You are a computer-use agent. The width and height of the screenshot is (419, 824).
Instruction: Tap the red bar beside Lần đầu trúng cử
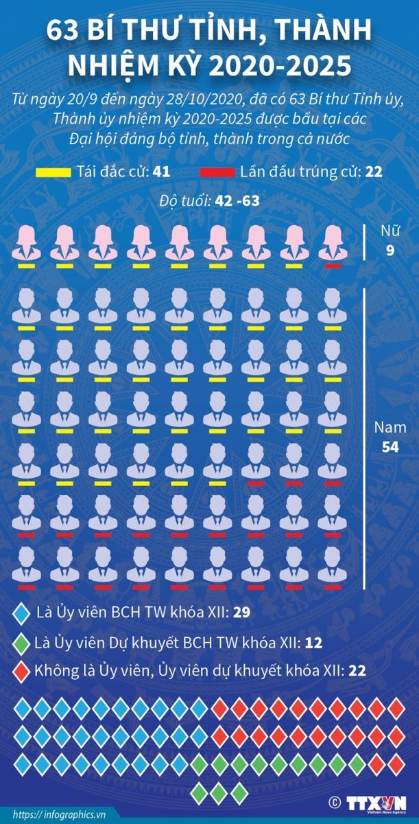coord(217,172)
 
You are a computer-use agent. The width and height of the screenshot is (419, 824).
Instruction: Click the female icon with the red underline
coord(333,243)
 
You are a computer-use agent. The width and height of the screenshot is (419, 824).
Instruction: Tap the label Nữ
coord(390,231)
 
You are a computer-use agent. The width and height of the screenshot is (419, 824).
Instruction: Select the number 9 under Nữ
coord(390,251)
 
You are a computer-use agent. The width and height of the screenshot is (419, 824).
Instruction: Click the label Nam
coord(390,427)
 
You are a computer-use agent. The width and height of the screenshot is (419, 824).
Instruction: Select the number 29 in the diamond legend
coord(241,612)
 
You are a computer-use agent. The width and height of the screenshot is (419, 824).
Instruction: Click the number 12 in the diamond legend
coord(314,643)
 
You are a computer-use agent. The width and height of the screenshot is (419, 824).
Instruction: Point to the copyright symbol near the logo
coord(335,801)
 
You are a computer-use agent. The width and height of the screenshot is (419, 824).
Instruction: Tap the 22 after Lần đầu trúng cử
coord(374,172)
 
